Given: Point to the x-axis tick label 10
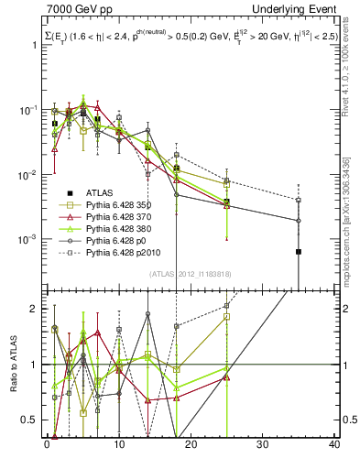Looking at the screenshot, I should point(119,446).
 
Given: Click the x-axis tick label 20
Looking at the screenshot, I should point(191,446).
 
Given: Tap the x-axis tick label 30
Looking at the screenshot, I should point(263,446).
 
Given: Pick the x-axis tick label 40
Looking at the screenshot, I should point(334,446).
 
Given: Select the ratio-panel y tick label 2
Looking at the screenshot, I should point(36,309).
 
